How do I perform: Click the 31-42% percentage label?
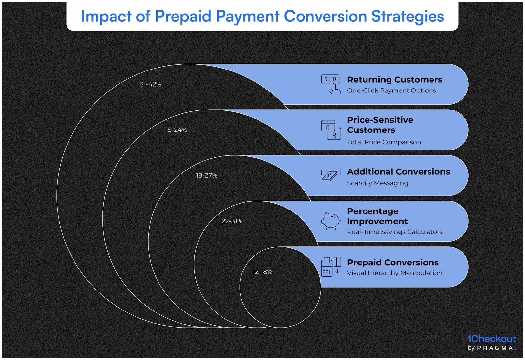pos(151,84)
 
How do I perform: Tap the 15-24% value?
pos(176,130)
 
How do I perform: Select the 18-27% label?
pos(206,175)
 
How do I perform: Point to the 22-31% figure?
pos(232,221)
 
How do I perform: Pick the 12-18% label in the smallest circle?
pos(262,272)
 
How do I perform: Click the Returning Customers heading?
pos(394,80)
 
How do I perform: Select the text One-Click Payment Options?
pos(391,90)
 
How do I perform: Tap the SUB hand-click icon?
pos(331,84)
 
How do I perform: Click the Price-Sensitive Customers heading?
pos(380,125)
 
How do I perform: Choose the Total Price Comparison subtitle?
pos(384,142)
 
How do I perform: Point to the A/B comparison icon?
pos(331,130)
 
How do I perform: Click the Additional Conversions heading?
pos(398,172)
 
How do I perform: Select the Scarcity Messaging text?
pos(377,183)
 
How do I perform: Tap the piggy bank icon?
pos(331,221)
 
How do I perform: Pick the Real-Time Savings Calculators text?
pos(395,232)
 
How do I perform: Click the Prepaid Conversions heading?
pos(393,262)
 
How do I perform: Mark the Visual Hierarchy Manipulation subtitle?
pos(395,273)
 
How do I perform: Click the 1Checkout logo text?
pos(492,339)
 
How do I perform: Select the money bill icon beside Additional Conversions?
pos(330,175)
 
